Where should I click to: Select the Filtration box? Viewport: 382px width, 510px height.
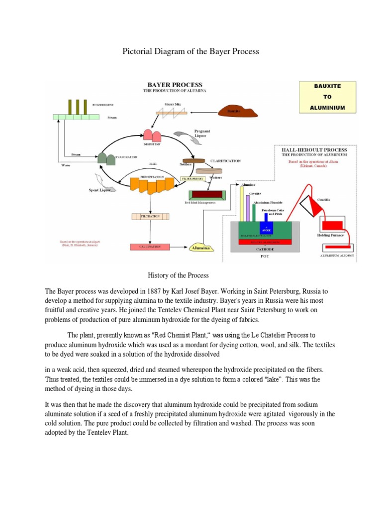click(150, 216)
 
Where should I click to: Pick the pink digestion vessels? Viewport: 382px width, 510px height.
click(152, 135)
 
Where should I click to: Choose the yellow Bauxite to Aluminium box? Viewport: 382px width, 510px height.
click(327, 97)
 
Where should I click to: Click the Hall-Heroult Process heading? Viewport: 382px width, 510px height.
click(314, 149)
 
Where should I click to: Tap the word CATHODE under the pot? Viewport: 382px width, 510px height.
click(265, 248)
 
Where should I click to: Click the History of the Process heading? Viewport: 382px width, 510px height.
click(178, 275)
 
